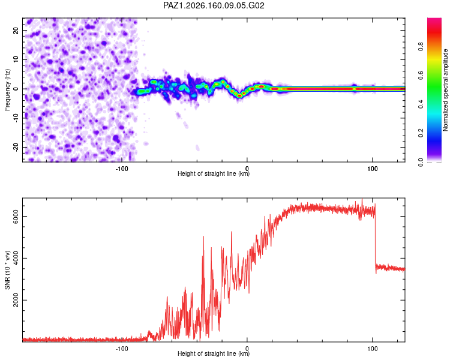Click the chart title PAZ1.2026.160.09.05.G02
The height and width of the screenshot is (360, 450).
click(214, 5)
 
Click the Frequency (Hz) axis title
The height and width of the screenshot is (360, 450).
click(7, 90)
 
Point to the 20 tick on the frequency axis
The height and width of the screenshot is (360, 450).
click(16, 31)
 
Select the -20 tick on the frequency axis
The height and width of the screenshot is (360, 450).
click(16, 147)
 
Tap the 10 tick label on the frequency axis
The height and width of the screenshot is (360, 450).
click(16, 59)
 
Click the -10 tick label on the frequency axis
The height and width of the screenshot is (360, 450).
click(16, 118)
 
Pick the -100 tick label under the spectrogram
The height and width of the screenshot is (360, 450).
click(122, 169)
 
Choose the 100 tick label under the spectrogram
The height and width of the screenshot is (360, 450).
click(372, 169)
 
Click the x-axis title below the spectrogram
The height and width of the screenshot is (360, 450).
click(214, 173)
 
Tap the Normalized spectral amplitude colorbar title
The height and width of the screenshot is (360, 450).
click(445, 90)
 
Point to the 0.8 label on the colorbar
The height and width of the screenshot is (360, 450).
click(421, 46)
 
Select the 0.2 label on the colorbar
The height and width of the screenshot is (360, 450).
click(421, 133)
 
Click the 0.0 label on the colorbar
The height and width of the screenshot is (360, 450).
click(421, 162)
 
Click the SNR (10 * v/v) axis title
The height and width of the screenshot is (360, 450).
click(7, 270)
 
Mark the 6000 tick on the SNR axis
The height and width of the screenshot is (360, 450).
click(16, 216)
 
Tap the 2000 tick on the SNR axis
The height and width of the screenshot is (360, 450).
click(16, 300)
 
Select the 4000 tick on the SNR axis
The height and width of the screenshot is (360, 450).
click(16, 258)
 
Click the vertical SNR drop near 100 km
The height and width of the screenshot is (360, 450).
click(376, 238)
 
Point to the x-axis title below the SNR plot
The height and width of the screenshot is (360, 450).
click(214, 353)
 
